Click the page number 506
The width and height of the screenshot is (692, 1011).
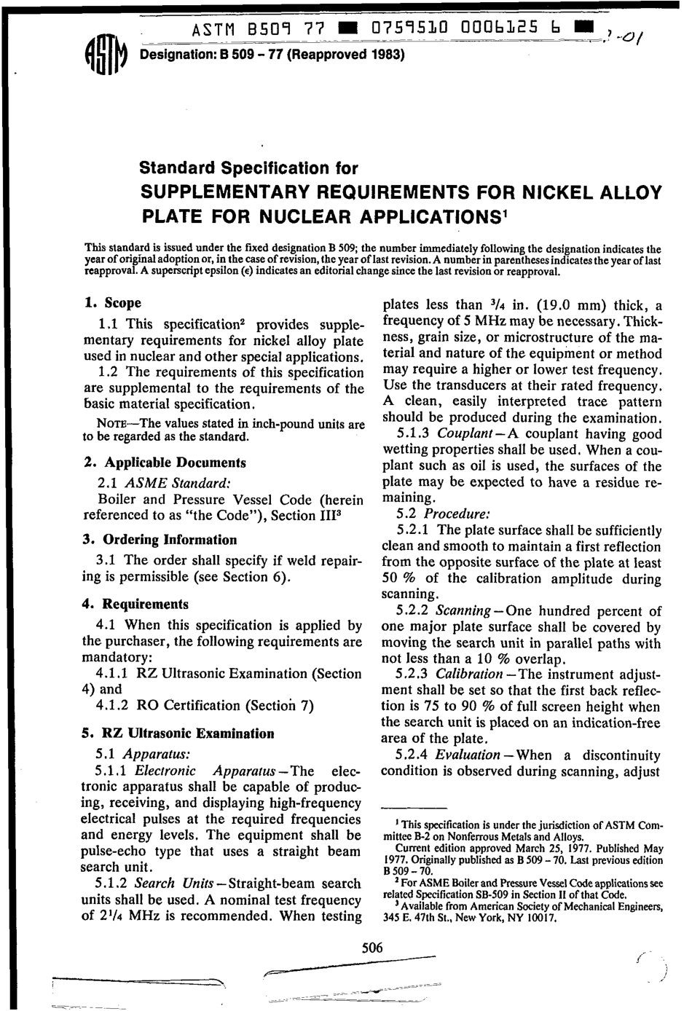[372, 947]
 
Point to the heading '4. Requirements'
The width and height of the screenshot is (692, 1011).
[135, 604]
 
